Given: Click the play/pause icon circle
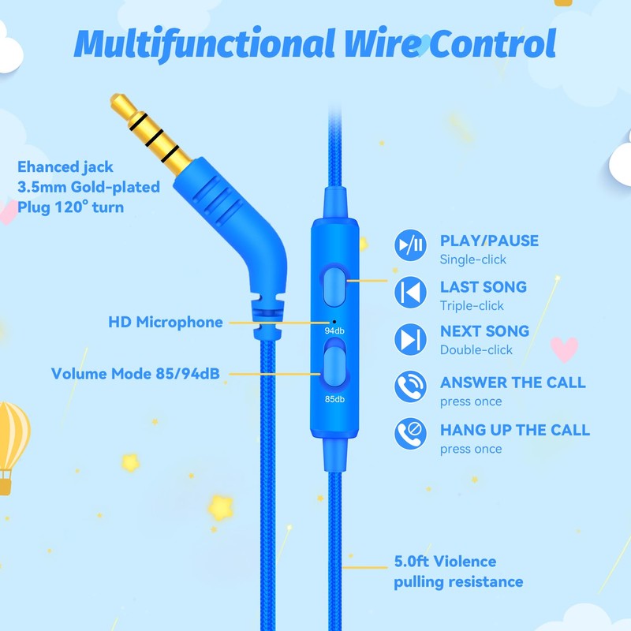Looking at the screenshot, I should pyautogui.click(x=411, y=246).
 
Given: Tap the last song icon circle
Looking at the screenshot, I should pyautogui.click(x=411, y=293).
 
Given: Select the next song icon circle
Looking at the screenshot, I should pyautogui.click(x=411, y=339).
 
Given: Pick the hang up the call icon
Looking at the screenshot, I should pyautogui.click(x=411, y=434).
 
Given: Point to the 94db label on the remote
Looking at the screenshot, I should pyautogui.click(x=334, y=331).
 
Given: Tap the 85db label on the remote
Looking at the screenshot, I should pyautogui.click(x=334, y=398).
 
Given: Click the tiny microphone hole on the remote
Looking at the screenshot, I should pyautogui.click(x=334, y=321).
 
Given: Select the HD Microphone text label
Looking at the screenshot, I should pyautogui.click(x=165, y=322).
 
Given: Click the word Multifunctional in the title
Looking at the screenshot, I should pyautogui.click(x=200, y=44).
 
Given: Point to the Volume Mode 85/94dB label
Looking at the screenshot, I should pyautogui.click(x=135, y=373).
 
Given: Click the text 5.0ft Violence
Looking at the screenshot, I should pyautogui.click(x=445, y=562).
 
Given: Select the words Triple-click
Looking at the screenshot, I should pyautogui.click(x=472, y=306).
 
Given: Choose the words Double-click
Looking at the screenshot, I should pyautogui.click(x=476, y=350).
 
